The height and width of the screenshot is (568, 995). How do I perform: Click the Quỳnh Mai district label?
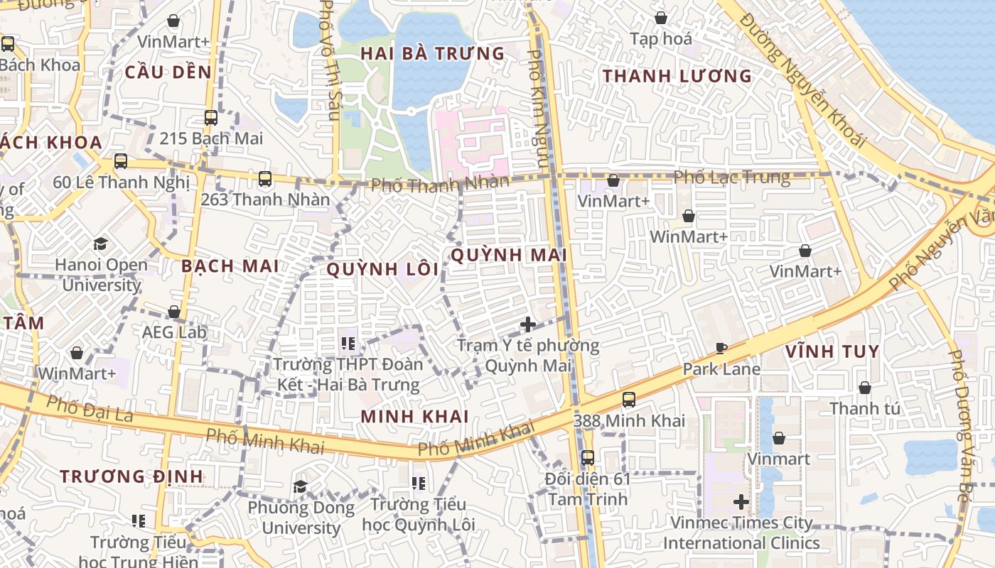509,255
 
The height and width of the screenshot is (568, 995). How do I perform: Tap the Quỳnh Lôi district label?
383,269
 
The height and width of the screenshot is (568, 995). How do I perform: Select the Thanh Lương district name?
677,76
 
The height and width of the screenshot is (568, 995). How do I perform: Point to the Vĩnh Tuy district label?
832,351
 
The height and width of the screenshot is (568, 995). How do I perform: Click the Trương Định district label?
131,476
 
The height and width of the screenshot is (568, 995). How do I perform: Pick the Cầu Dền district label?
168,72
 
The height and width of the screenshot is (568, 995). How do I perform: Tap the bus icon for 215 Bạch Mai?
211,118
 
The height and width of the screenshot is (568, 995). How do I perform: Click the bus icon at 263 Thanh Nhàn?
265,179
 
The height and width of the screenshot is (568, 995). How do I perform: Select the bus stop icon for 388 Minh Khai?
629,400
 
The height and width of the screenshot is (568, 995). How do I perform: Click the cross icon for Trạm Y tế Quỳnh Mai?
528,324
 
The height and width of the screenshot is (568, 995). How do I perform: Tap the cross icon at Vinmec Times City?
741,502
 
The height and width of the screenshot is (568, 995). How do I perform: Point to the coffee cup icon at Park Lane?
721,348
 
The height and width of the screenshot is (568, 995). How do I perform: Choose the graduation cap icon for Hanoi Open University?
100,244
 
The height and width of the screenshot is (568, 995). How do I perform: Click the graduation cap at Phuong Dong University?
301,486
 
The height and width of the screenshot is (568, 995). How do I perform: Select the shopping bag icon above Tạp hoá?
661,18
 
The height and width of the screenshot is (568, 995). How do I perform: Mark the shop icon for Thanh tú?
865,388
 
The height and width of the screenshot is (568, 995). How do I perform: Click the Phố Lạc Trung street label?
731,177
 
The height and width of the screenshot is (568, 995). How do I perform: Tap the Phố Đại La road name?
90,409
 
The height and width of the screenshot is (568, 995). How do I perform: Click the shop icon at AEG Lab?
174,312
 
